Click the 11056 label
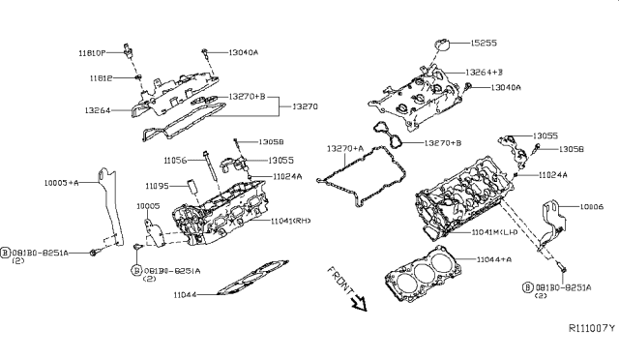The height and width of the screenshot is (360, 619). [175, 160]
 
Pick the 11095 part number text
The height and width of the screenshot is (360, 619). [158, 185]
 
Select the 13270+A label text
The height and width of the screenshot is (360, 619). [345, 148]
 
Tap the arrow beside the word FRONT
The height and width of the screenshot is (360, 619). [360, 303]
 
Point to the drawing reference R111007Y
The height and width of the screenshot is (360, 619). [585, 329]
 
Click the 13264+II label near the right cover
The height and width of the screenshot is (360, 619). [486, 73]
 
